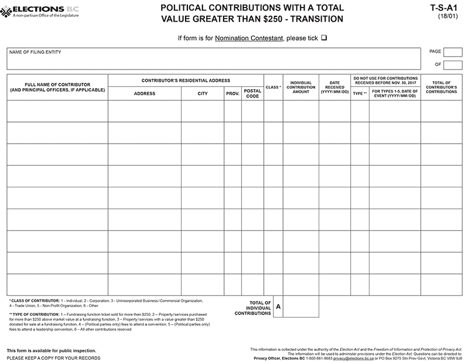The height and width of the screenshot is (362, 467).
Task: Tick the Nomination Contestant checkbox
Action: pyautogui.click(x=324, y=37)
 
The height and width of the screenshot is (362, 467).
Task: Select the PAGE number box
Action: pyautogui.click(x=453, y=51)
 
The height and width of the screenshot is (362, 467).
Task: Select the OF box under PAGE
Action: pyautogui.click(x=453, y=64)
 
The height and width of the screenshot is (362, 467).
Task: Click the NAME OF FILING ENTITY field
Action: pyautogui.click(x=214, y=58)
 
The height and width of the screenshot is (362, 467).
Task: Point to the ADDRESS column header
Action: pyautogui.click(x=144, y=93)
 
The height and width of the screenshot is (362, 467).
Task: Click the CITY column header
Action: pyautogui.click(x=203, y=93)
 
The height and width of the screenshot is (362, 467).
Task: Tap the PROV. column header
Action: pyautogui.click(x=232, y=93)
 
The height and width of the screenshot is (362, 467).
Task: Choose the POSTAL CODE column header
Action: pyautogui.click(x=252, y=93)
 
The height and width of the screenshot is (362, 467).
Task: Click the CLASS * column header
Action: pyautogui.click(x=273, y=87)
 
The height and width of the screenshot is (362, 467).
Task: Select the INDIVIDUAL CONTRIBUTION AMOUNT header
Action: pyautogui.click(x=301, y=87)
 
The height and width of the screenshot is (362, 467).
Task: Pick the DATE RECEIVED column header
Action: pyautogui.click(x=334, y=87)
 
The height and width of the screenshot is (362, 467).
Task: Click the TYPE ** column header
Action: pyautogui.click(x=360, y=93)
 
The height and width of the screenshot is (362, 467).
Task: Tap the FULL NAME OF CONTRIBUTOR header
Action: pyautogui.click(x=57, y=87)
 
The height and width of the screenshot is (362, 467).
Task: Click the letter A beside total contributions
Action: pyautogui.click(x=278, y=306)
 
